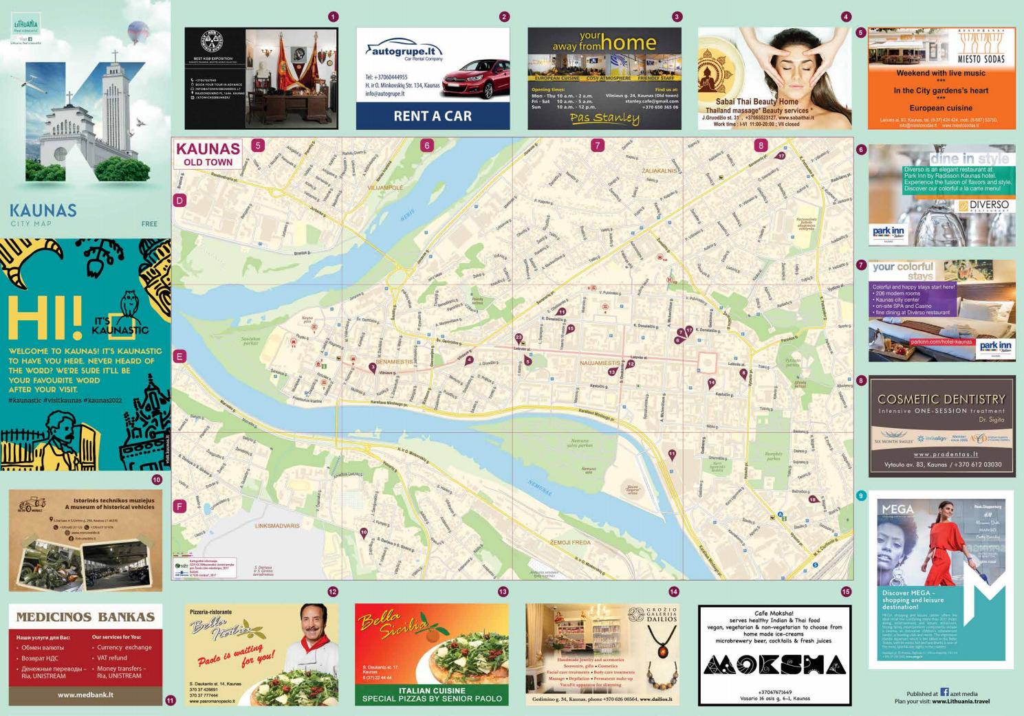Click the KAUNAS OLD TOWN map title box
[208, 155]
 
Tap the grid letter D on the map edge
[179, 201]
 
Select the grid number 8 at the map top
[760, 145]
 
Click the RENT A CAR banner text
[433, 116]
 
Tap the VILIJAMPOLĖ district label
[384, 187]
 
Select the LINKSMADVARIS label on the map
[277, 526]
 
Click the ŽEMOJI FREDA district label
[570, 542]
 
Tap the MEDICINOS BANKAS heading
[85, 616]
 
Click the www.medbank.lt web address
[85, 695]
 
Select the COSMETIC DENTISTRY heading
[941, 399]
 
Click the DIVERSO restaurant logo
[985, 205]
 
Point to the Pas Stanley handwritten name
[604, 118]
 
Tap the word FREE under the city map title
[149, 224]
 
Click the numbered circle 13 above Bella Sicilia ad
[503, 592]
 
